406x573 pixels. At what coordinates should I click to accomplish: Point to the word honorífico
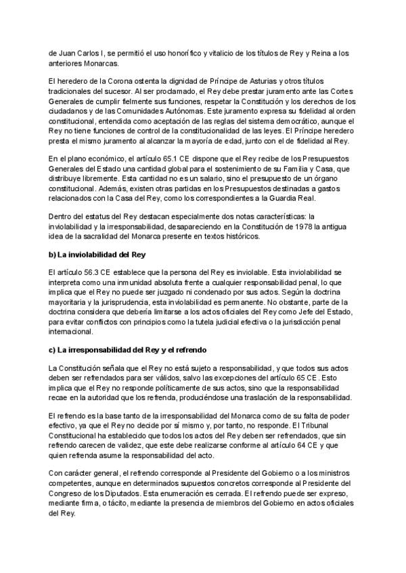[x=196, y=53]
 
